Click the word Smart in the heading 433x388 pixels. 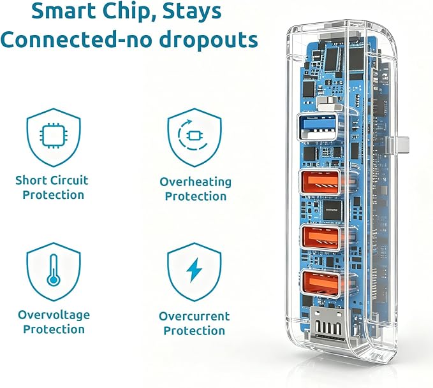click(x=66, y=11)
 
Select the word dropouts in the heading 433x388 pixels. click(x=209, y=40)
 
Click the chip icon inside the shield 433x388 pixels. click(x=54, y=135)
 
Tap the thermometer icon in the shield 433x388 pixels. click(x=54, y=269)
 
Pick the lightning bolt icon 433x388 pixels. click(x=194, y=270)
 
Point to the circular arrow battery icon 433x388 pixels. click(x=193, y=135)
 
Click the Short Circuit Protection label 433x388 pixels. click(x=52, y=188)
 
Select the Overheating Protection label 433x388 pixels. click(x=196, y=189)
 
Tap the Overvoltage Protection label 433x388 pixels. click(x=54, y=322)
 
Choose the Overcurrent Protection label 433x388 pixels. click(x=194, y=324)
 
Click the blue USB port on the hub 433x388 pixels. click(x=318, y=127)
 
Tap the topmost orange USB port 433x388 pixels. click(x=319, y=182)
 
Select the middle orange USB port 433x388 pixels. click(x=320, y=238)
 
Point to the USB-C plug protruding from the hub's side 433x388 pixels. click(x=398, y=145)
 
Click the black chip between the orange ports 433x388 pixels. click(x=332, y=210)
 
